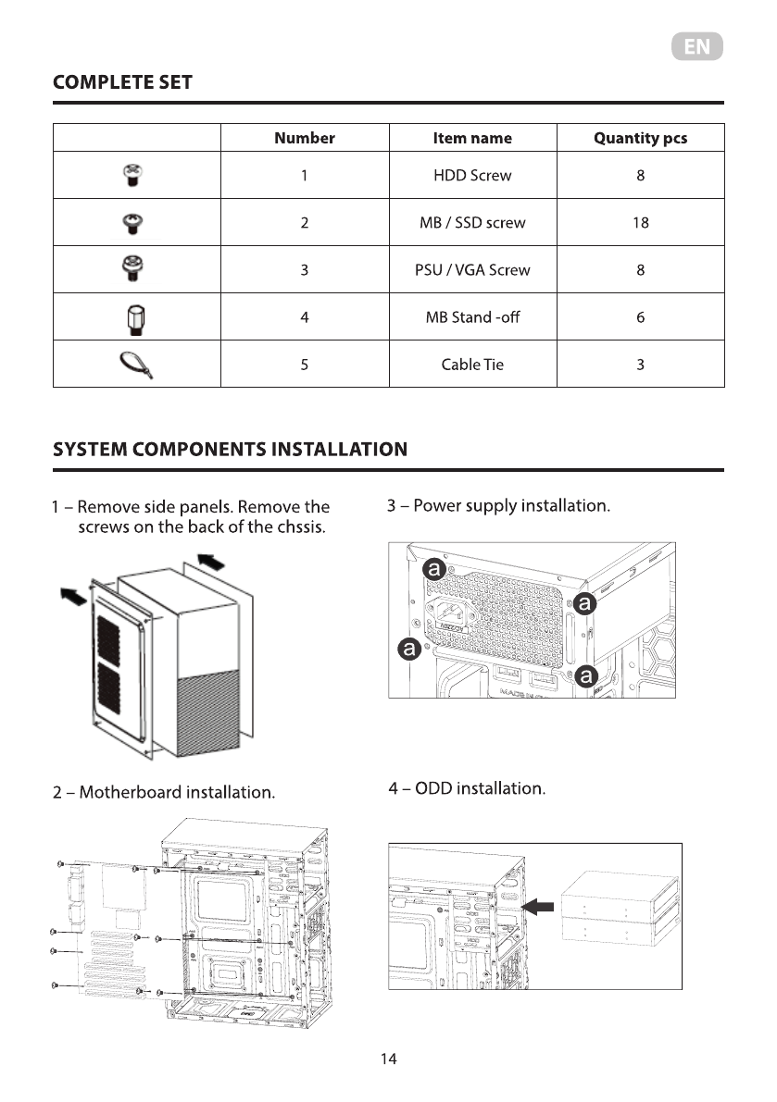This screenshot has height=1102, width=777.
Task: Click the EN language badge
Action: coord(696,47)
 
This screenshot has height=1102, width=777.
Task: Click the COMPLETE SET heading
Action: coord(123,82)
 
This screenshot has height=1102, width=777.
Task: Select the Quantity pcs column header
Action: coord(640,138)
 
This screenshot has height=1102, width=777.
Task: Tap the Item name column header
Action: coord(472,138)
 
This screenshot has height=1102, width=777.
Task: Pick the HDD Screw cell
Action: coord(472,175)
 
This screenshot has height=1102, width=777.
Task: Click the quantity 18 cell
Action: coord(640,222)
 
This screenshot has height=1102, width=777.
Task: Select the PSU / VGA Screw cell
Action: coord(472,270)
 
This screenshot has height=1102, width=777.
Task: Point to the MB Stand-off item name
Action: coord(472,317)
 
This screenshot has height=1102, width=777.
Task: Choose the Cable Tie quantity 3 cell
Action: coord(640,365)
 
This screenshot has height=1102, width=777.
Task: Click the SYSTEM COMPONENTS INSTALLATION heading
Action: coord(230,450)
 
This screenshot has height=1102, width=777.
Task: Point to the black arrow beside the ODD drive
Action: coord(538,908)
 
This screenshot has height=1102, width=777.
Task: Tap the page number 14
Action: coord(388,1059)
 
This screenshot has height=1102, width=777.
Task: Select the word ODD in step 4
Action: coord(432,788)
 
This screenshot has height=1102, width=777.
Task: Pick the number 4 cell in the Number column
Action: coord(304,317)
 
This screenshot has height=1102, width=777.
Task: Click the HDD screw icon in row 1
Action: coord(132,175)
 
